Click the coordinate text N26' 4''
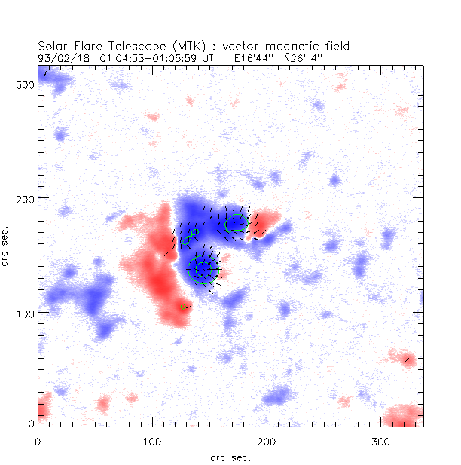point(303,57)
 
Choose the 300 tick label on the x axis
point(380,440)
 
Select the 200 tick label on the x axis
point(267,440)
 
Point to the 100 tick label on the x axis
point(153,440)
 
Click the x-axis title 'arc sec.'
point(230,457)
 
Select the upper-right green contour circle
point(237,223)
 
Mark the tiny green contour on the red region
point(183,307)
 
